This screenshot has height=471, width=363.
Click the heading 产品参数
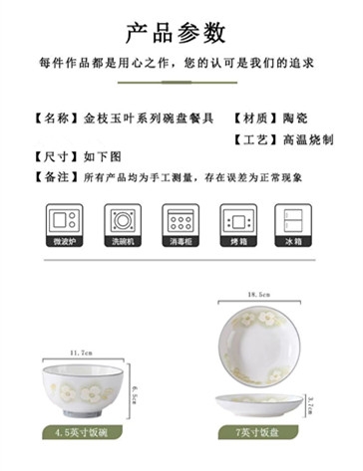(x=176, y=33)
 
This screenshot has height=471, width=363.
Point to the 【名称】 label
(x=56, y=118)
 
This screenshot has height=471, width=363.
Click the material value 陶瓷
(x=295, y=118)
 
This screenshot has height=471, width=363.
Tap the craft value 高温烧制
(x=308, y=139)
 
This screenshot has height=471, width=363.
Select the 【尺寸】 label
(x=56, y=156)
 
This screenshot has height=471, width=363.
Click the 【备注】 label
(x=56, y=177)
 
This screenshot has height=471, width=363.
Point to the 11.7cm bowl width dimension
(x=81, y=353)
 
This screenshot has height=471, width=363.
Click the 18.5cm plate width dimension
(x=259, y=295)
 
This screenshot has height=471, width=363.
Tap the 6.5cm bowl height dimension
(x=135, y=394)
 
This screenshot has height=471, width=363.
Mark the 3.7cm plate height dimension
(x=310, y=405)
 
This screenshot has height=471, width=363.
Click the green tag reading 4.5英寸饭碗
(x=82, y=433)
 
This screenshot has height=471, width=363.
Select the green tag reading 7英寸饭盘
(x=258, y=432)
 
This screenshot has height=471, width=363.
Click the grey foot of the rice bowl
(x=82, y=414)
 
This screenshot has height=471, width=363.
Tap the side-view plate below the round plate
(x=259, y=405)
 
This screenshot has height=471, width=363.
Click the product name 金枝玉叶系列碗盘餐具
(x=149, y=118)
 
